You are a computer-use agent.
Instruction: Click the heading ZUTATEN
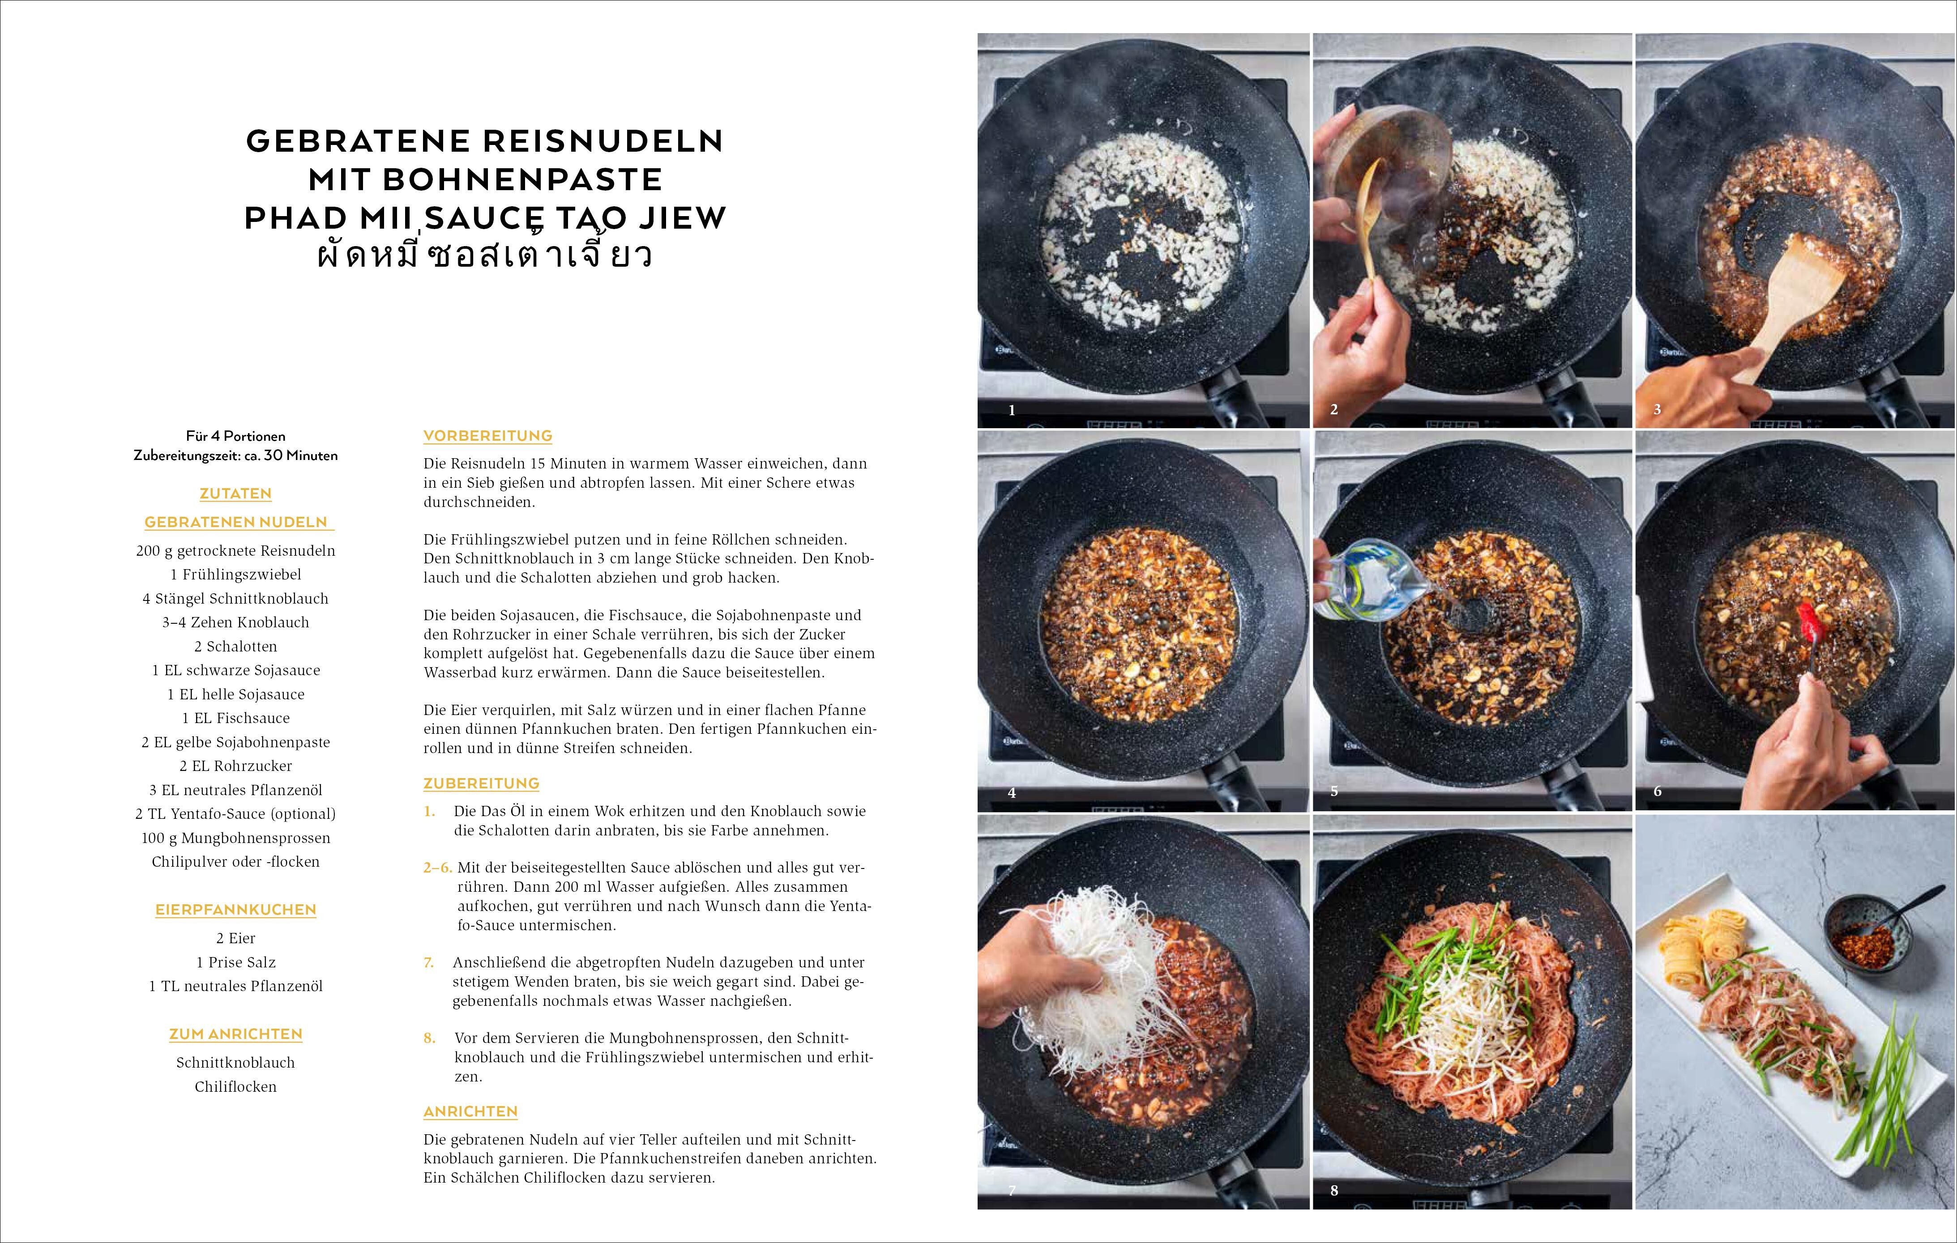(x=236, y=493)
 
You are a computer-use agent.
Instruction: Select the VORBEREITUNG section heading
(x=487, y=435)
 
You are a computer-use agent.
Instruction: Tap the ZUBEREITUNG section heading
(x=481, y=783)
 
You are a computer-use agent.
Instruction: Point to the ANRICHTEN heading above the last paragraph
(x=470, y=1111)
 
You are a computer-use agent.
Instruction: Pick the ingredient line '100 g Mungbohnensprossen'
(x=236, y=838)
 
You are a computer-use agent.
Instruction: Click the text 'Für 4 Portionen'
(x=236, y=436)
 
